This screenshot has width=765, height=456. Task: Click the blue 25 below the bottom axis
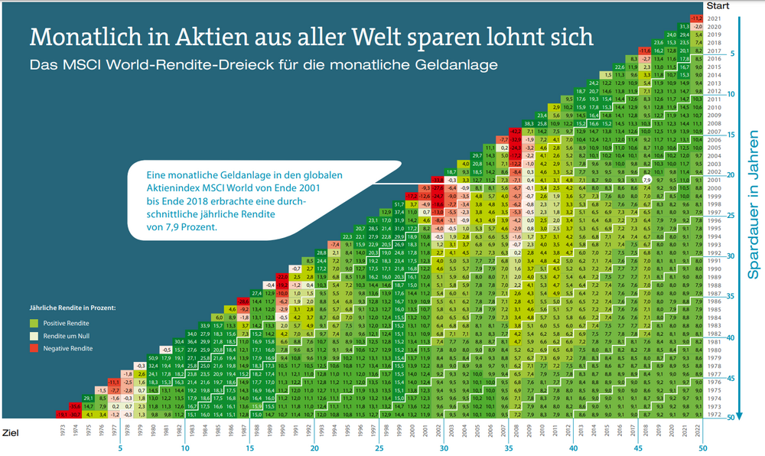[x=379, y=448]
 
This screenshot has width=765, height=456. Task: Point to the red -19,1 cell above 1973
[x=64, y=415]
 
